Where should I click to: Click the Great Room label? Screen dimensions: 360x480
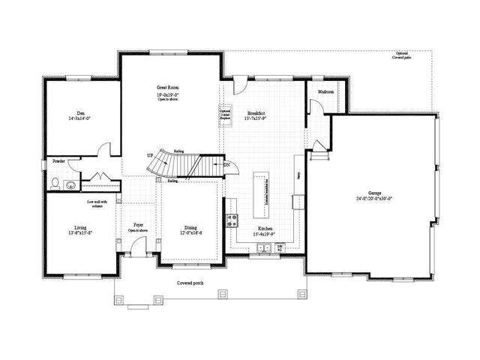[x=166, y=88]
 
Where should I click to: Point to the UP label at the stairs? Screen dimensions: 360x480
[x=150, y=155]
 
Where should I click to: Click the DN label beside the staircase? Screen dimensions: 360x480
[x=226, y=165]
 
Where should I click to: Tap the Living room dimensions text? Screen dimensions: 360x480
[x=80, y=232]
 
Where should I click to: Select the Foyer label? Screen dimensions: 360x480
[x=139, y=224]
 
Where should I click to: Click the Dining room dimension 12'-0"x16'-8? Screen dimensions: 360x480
[x=190, y=232]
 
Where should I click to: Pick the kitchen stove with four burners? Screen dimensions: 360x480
[x=232, y=220]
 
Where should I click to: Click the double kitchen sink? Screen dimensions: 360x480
[x=263, y=250]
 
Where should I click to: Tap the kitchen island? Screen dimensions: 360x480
[x=260, y=192]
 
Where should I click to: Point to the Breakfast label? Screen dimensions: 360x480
[x=256, y=113]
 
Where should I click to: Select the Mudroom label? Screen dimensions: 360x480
[x=325, y=91]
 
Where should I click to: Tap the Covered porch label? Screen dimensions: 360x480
[x=190, y=283]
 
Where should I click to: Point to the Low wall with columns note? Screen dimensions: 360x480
[x=97, y=202]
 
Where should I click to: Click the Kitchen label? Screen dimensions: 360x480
[x=265, y=227]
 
